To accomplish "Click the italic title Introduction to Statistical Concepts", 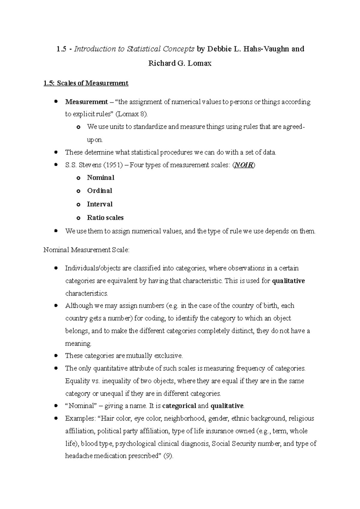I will click(134, 49).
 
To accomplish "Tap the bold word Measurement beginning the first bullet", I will click(86, 102).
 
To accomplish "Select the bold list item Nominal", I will click(100, 177).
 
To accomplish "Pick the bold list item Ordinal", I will click(99, 191).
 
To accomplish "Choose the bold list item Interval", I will click(100, 204).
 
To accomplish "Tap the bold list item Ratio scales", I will click(105, 218).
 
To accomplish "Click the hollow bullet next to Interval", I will click(79, 205).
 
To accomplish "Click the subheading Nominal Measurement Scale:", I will click(86, 250).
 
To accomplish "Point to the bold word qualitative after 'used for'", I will click(288, 281).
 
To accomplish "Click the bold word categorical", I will click(179, 406).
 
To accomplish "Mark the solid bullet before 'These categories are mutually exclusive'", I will click(56, 356).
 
